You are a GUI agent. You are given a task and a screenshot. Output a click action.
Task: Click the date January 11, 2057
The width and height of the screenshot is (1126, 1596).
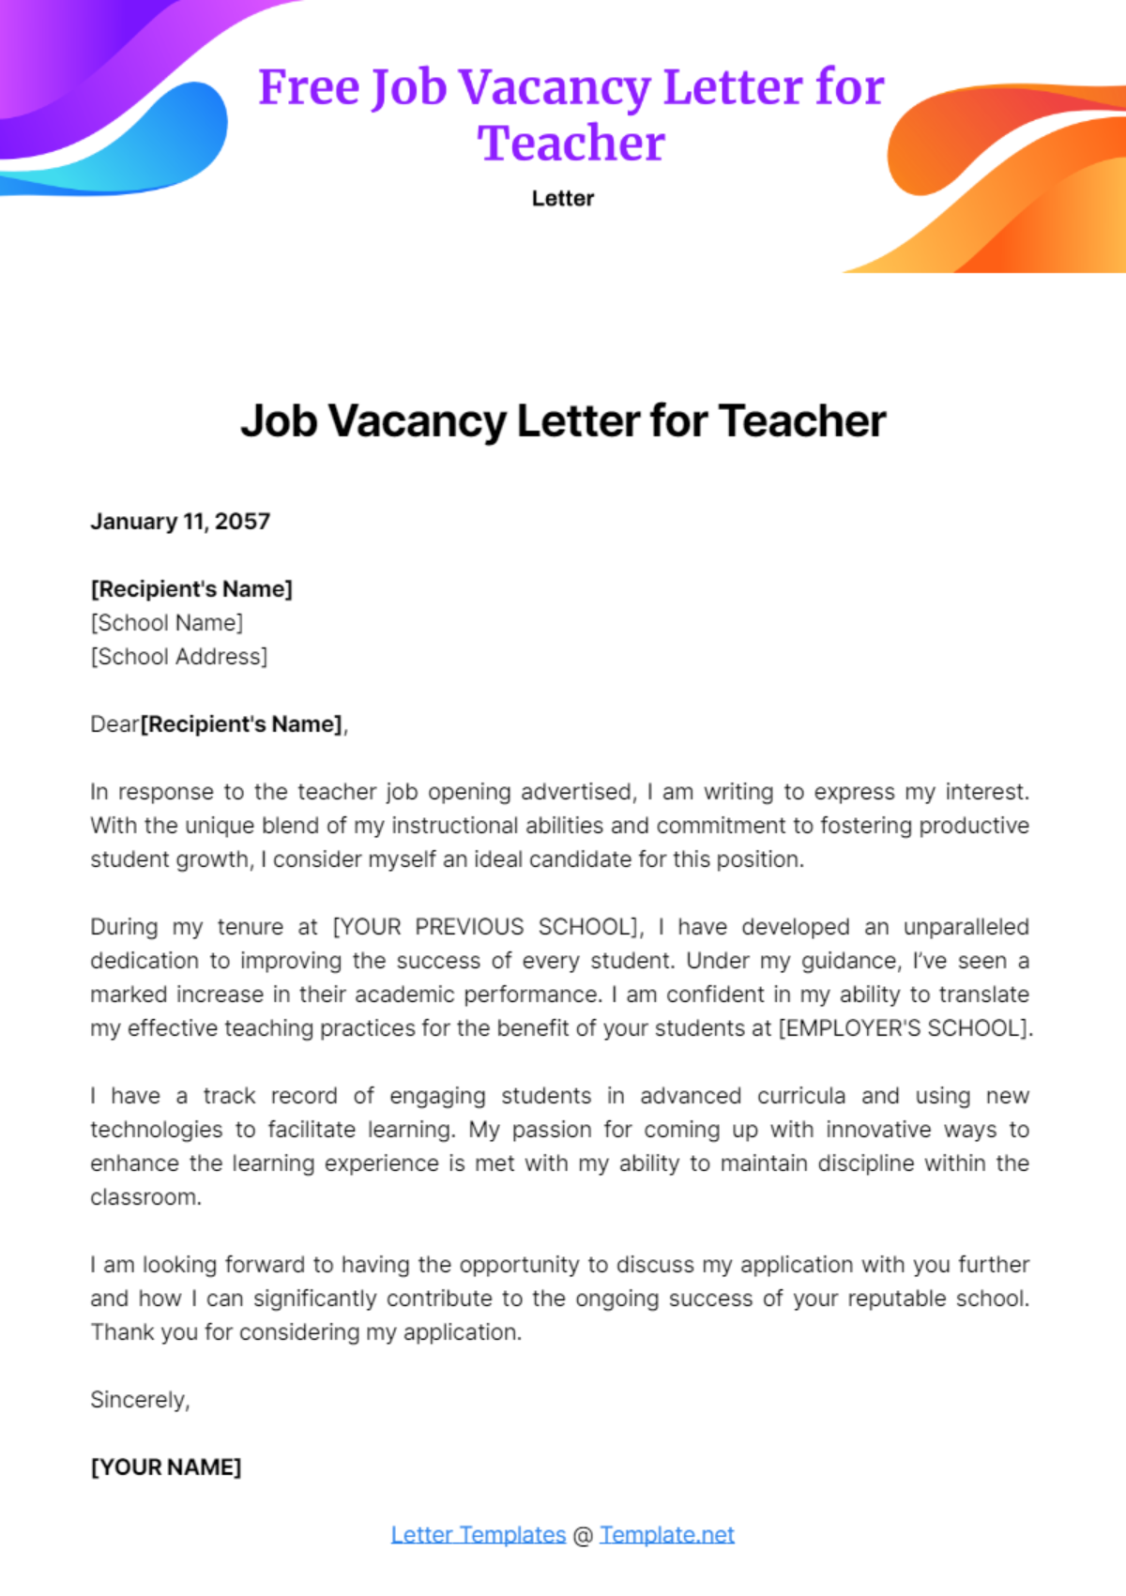(180, 522)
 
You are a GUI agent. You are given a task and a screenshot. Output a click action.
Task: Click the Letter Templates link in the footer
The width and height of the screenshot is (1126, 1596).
(478, 1535)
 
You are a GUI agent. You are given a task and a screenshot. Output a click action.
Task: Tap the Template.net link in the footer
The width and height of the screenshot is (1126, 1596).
(666, 1535)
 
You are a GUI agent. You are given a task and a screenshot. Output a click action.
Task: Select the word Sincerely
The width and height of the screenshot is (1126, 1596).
(139, 1400)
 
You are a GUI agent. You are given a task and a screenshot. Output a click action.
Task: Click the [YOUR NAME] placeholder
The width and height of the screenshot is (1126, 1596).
(166, 1467)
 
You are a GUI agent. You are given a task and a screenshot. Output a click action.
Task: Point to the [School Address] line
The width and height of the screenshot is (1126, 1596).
(178, 657)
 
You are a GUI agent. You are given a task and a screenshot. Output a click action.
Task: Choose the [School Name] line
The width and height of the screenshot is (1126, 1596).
(166, 623)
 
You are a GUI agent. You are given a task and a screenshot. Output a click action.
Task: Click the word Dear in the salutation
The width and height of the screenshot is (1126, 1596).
(114, 724)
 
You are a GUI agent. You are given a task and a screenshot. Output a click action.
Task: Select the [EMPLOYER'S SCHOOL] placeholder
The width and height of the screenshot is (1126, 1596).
(905, 1028)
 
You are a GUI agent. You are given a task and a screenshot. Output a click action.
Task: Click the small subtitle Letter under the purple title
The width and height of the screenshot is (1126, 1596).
(563, 199)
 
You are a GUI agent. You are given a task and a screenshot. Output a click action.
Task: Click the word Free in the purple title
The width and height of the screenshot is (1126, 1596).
(309, 87)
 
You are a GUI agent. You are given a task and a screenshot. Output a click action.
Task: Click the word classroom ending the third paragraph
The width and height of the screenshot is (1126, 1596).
(145, 1198)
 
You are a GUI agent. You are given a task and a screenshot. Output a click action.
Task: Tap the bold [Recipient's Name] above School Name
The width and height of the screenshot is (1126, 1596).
(191, 589)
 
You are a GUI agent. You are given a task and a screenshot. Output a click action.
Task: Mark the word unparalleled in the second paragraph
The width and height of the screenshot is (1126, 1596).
(966, 927)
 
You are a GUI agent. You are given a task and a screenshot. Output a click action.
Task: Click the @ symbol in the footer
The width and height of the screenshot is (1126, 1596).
(583, 1536)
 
